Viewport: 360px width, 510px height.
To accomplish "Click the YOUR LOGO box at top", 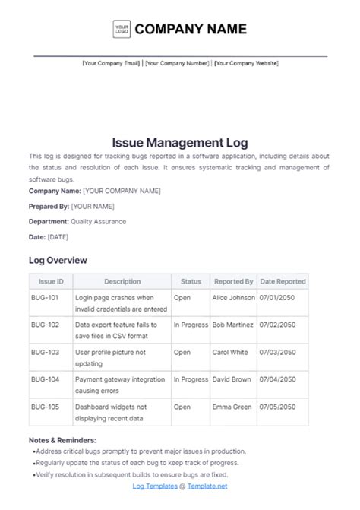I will (122, 30).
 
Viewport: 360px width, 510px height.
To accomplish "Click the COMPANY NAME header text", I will (191, 30).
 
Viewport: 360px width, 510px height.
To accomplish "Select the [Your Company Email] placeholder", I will (111, 63).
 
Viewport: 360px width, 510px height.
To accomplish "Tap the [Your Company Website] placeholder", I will (246, 63).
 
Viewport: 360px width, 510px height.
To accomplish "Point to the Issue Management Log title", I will (180, 142).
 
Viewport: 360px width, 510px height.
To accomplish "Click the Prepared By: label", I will (49, 206).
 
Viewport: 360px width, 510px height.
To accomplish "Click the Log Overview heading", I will (58, 260).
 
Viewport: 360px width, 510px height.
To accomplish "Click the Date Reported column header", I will (283, 281).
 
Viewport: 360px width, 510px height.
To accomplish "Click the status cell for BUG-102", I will (191, 325).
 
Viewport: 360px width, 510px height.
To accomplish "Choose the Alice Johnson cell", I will (234, 298).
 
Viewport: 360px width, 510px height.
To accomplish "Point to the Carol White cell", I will (230, 352).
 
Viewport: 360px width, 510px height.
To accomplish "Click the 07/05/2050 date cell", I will (278, 407).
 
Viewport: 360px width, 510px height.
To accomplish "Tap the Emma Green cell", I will (232, 407).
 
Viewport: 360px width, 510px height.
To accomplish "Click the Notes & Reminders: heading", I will (62, 440).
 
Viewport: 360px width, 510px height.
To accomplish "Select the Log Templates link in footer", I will (154, 486).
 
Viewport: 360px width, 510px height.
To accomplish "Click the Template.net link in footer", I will (207, 486).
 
